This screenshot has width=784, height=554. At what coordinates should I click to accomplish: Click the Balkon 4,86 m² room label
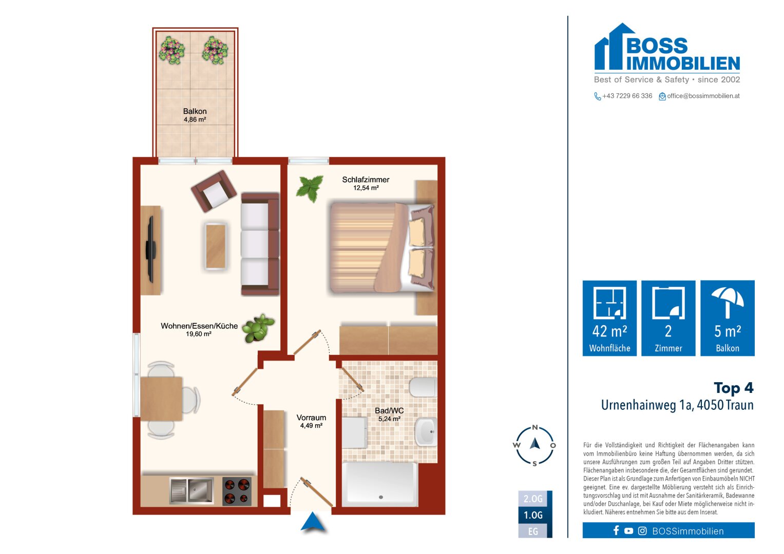195,115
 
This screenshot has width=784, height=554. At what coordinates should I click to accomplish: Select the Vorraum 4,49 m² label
311,422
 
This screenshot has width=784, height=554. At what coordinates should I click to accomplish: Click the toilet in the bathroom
423,387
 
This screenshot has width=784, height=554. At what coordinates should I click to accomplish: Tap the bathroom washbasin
426,432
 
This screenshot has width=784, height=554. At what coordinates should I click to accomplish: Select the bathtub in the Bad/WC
380,484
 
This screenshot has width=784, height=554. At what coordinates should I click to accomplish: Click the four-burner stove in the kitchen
237,491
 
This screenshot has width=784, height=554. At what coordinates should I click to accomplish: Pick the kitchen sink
192,491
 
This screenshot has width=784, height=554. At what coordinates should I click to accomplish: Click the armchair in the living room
214,191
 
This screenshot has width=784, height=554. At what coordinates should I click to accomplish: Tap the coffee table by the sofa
216,246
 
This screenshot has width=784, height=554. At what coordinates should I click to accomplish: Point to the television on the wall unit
151,249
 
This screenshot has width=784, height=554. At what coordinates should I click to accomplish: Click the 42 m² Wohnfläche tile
609,318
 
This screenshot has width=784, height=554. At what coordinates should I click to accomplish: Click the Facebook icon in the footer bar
616,530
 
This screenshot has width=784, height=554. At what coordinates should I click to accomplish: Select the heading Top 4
734,388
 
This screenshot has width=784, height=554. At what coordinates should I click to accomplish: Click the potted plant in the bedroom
310,188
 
